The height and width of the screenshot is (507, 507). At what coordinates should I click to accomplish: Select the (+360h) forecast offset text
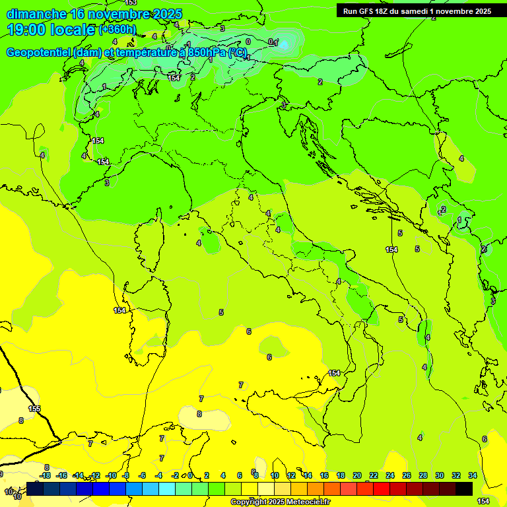point(117,30)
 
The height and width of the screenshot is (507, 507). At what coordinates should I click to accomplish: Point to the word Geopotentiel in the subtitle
point(40,53)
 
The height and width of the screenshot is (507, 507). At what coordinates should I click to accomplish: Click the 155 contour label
point(34,409)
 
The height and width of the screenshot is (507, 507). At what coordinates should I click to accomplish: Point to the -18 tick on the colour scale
point(45,475)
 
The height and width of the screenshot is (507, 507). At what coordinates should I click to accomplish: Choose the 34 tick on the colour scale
point(473,475)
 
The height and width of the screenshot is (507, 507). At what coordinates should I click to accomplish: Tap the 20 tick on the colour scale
point(357,475)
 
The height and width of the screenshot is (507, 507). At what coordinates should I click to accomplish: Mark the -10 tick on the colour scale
point(110,475)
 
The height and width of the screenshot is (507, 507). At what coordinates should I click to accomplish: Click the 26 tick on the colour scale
point(407,475)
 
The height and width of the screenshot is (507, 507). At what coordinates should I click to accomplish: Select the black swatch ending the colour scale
point(464,489)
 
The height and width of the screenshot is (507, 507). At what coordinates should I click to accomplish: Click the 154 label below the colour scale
point(483,502)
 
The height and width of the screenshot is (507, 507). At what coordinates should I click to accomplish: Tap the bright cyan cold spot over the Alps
point(285,44)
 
